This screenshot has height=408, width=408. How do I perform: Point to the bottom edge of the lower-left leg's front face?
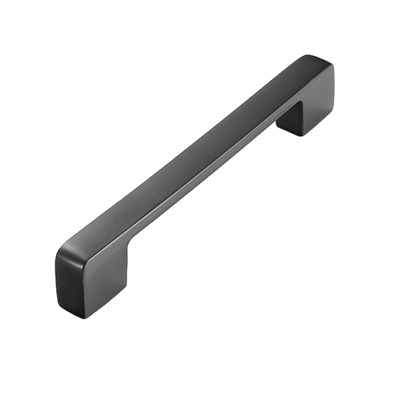(105, 306)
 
